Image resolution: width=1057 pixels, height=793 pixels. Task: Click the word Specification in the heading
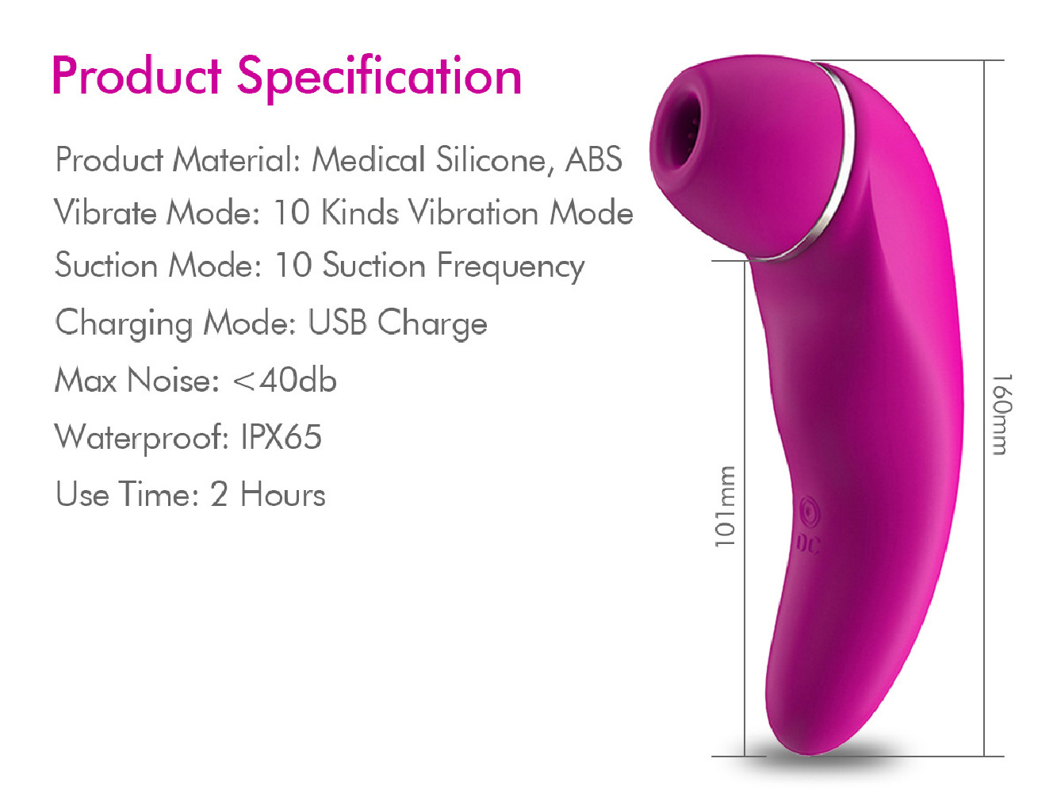pyautogui.click(x=380, y=78)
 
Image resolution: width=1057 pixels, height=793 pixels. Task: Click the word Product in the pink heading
pyautogui.click(x=136, y=75)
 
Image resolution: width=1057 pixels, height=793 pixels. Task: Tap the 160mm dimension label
pyautogui.click(x=1002, y=414)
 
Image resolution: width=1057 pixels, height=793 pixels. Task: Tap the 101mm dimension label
pyautogui.click(x=725, y=507)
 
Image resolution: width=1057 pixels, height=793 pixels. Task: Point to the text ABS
pyautogui.click(x=594, y=159)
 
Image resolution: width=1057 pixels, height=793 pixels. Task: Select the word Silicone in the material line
pyautogui.click(x=491, y=160)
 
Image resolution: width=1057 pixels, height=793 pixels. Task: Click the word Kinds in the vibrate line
pyautogui.click(x=360, y=212)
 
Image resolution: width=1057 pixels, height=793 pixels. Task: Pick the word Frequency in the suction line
pyautogui.click(x=511, y=266)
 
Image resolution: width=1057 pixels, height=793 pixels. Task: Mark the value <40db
pyautogui.click(x=285, y=380)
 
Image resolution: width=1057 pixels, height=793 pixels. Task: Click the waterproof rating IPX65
pyautogui.click(x=281, y=437)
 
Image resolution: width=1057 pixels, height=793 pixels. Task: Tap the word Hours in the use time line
pyautogui.click(x=282, y=494)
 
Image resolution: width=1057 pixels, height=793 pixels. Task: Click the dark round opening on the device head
pyautogui.click(x=680, y=131)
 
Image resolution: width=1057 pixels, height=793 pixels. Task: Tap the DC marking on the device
pyautogui.click(x=806, y=544)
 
